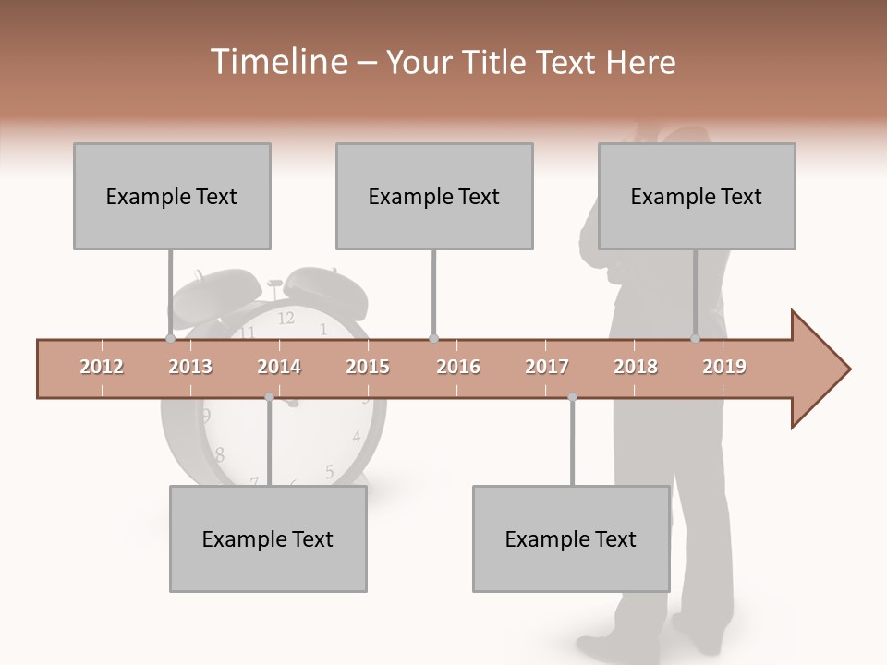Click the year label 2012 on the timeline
[102, 367]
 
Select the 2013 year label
[190, 367]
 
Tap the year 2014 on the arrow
[279, 367]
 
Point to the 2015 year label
[368, 367]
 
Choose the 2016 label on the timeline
[458, 367]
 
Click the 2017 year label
[547, 367]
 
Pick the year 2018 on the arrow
[636, 367]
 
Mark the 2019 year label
[724, 367]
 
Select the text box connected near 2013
[172, 196]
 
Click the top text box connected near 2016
[434, 196]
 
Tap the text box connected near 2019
[697, 196]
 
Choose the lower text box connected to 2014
[268, 538]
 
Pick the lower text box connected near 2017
[571, 538]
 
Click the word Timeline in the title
[277, 62]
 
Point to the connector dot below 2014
[269, 397]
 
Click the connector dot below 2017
[572, 397]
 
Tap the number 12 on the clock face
[286, 319]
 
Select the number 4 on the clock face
[356, 436]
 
